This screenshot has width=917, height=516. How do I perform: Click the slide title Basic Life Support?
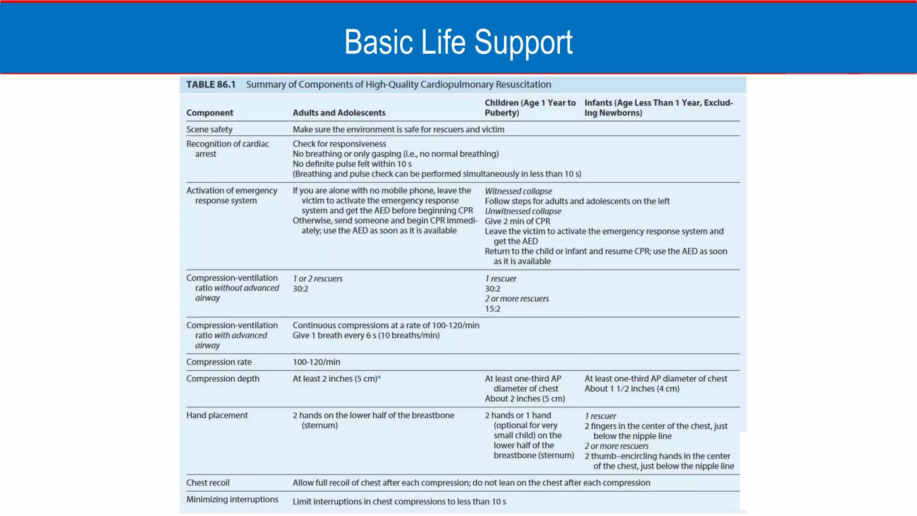458,42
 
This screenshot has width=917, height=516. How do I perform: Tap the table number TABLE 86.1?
210,85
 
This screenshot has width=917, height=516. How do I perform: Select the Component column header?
210,113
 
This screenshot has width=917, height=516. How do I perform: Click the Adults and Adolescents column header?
339,113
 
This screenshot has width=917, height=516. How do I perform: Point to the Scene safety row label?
209,129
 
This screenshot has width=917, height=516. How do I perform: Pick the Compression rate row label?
219,362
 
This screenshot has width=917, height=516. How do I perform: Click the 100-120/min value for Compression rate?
316,362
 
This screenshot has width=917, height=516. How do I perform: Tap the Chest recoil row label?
208,482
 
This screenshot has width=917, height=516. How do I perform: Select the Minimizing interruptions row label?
232,499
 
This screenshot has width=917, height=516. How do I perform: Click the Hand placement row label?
217,415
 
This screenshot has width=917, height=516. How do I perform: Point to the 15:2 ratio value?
493,309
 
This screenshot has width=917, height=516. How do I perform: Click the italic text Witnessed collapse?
518,191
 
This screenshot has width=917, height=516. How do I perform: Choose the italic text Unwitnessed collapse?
523,211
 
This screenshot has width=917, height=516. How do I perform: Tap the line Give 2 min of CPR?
517,221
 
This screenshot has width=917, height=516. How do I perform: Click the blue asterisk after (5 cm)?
379,378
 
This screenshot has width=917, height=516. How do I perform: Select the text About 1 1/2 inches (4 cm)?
632,389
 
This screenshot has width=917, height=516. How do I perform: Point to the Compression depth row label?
223,378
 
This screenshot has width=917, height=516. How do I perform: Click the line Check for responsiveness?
339,144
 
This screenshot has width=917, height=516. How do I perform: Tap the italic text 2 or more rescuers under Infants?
616,446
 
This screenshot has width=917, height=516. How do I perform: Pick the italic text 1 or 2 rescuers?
317,279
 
